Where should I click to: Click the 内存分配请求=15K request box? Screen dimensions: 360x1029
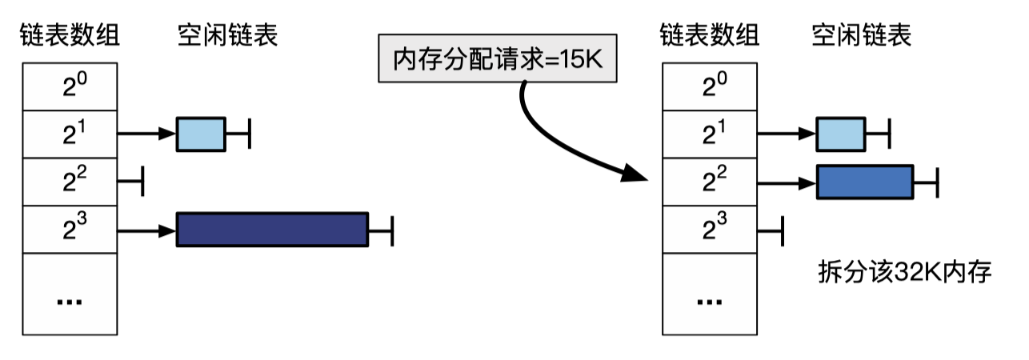(497, 58)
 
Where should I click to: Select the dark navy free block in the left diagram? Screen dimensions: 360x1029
(271, 230)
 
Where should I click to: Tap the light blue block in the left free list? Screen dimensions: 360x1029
(201, 134)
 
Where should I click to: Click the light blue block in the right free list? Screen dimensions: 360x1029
(840, 134)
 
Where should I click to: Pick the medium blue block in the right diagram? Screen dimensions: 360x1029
(864, 182)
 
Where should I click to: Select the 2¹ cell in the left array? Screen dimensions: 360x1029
(70, 134)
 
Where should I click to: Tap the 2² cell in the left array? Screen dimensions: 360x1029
(70, 182)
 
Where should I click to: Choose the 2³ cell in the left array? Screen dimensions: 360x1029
(70, 230)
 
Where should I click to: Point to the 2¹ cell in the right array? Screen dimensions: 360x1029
(710, 134)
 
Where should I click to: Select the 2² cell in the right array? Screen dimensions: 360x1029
(710, 182)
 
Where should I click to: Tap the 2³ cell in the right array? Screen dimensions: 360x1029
(710, 230)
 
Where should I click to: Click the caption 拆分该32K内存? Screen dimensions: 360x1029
(904, 273)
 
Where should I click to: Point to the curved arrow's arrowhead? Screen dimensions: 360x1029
(637, 174)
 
